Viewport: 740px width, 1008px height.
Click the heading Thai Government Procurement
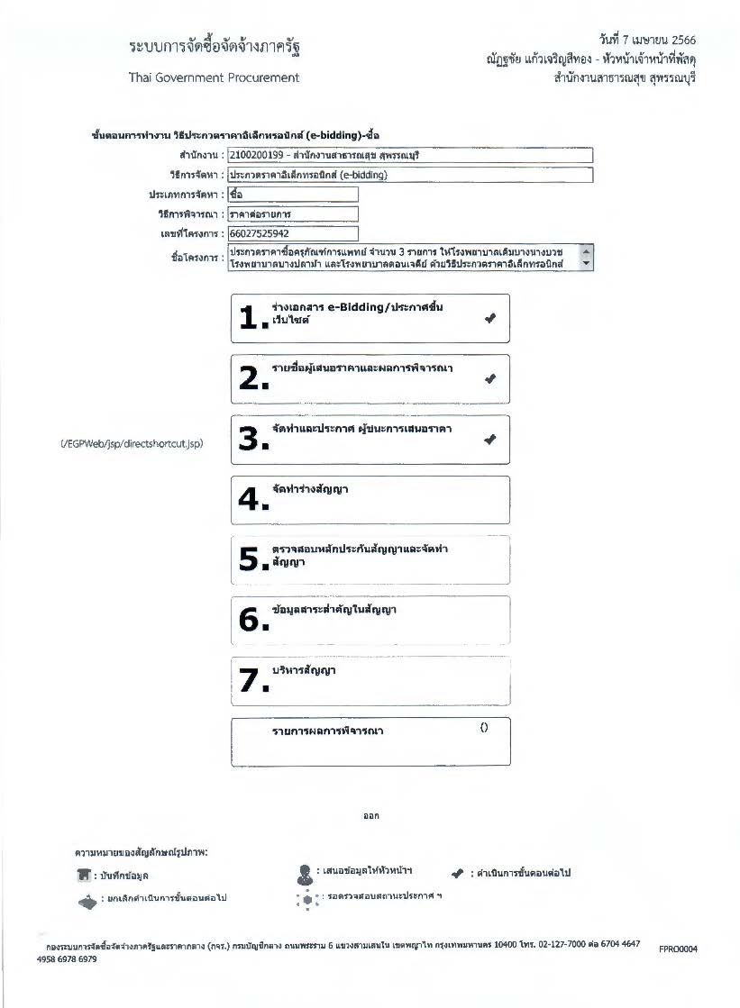[214, 77]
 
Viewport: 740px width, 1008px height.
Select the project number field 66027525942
[293, 233]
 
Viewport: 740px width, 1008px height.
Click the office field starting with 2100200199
[410, 155]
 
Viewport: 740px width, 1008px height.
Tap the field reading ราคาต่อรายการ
[293, 213]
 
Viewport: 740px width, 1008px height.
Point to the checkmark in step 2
[489, 379]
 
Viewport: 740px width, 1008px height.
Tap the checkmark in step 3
[489, 440]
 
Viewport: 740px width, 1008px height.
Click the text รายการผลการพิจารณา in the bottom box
[327, 731]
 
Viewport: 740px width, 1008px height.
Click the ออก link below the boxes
[370, 816]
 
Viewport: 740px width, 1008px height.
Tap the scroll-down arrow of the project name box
[588, 264]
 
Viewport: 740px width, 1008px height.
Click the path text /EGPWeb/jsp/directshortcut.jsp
[132, 444]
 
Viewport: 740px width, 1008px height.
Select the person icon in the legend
[304, 873]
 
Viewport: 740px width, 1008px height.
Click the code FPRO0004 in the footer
[677, 949]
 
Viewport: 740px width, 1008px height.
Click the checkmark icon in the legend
[457, 873]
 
